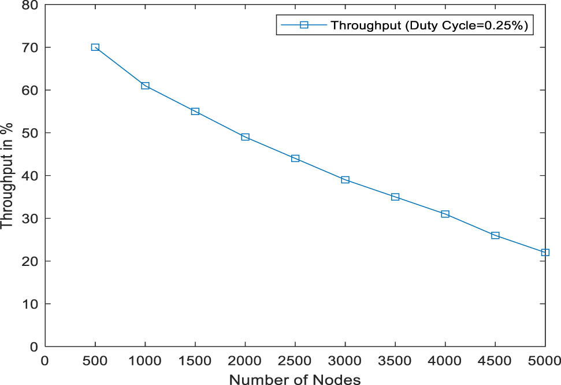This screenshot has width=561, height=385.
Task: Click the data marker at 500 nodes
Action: click(x=95, y=47)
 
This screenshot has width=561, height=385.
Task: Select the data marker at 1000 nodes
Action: click(x=145, y=86)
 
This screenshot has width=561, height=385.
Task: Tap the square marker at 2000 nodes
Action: click(x=245, y=137)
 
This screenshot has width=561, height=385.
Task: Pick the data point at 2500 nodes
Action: click(x=295, y=158)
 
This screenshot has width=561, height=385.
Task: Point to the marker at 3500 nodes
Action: click(x=395, y=197)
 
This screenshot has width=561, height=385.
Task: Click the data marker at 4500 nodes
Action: click(x=495, y=235)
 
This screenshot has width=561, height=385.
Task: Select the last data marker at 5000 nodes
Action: click(x=545, y=253)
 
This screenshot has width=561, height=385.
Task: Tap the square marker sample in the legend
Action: click(x=303, y=25)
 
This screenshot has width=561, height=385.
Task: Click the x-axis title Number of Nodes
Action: click(x=295, y=379)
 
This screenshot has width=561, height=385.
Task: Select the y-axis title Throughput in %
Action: click(x=8, y=176)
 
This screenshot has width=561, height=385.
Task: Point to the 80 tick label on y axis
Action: click(x=30, y=5)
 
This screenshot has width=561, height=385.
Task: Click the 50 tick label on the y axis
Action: click(x=30, y=133)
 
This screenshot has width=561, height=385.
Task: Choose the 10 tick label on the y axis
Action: click(x=30, y=304)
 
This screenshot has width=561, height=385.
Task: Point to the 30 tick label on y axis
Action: click(x=30, y=219)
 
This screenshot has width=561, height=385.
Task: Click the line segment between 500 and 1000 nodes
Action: click(x=120, y=66)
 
